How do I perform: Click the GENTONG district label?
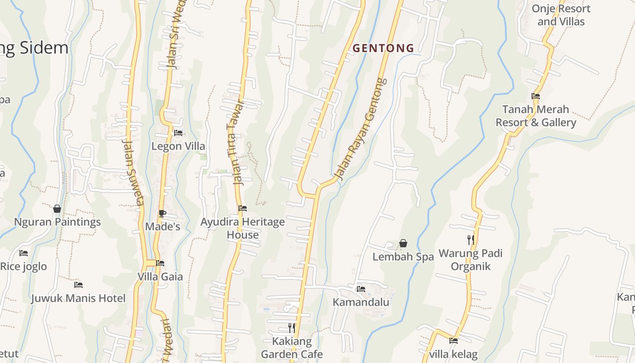point(383,48)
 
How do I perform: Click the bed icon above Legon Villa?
point(178,133)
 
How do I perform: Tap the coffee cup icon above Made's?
point(162,213)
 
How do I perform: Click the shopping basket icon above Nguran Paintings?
point(57,209)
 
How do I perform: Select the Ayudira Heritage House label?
point(243,228)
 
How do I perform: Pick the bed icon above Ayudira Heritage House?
point(243,208)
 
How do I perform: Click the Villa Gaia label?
point(160,276)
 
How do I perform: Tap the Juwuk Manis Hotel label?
point(78,298)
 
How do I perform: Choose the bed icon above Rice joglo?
point(24,253)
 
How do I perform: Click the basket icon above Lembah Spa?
point(403,244)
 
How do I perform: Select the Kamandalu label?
point(361,302)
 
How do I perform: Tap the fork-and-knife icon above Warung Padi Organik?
point(470,240)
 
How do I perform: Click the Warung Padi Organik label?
point(470,260)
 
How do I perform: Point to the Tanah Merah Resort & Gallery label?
point(536,116)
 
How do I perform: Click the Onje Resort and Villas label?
point(561,15)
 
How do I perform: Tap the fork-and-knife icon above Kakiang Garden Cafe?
point(292,327)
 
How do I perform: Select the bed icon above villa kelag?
point(453,341)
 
